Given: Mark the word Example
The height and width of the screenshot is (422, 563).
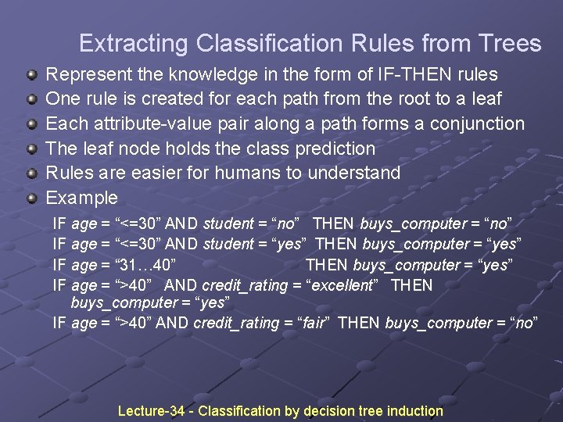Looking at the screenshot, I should pyautogui.click(x=81, y=198).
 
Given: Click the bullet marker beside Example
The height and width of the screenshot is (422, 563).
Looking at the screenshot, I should pyautogui.click(x=31, y=198).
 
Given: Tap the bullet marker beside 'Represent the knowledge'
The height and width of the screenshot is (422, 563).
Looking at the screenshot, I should pyautogui.click(x=31, y=75).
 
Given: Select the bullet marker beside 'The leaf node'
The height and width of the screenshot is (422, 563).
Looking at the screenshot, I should pyautogui.click(x=31, y=148).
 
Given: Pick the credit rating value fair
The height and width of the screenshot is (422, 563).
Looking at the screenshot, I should pyautogui.click(x=308, y=323).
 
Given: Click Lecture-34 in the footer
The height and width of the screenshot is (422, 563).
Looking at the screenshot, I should pyautogui.click(x=150, y=411).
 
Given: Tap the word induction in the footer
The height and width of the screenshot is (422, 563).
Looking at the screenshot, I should pyautogui.click(x=414, y=411).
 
